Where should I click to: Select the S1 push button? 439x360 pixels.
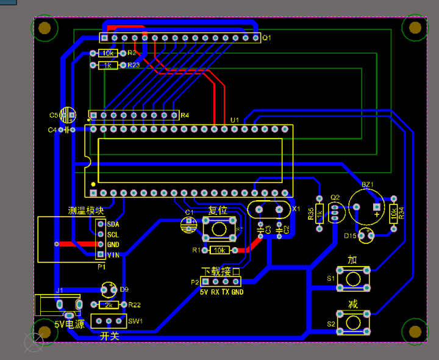click(353, 278)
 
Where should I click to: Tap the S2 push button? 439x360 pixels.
click(353, 322)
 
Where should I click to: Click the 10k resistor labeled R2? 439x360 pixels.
click(108, 54)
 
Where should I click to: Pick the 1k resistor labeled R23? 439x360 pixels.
click(108, 65)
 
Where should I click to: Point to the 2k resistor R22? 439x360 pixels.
click(109, 304)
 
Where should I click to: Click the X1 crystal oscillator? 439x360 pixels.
click(269, 209)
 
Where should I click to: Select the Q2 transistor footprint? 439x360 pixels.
click(334, 212)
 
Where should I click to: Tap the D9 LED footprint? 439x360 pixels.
click(109, 289)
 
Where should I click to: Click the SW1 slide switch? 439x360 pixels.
click(109, 321)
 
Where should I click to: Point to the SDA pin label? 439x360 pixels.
click(113, 225)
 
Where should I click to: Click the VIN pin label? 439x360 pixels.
click(113, 255)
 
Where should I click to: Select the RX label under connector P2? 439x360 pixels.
click(215, 292)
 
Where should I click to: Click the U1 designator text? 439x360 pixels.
click(235, 120)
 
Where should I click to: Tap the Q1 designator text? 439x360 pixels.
click(266, 38)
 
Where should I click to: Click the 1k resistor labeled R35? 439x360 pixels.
click(319, 214)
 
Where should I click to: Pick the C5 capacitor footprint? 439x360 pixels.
click(68, 115)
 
